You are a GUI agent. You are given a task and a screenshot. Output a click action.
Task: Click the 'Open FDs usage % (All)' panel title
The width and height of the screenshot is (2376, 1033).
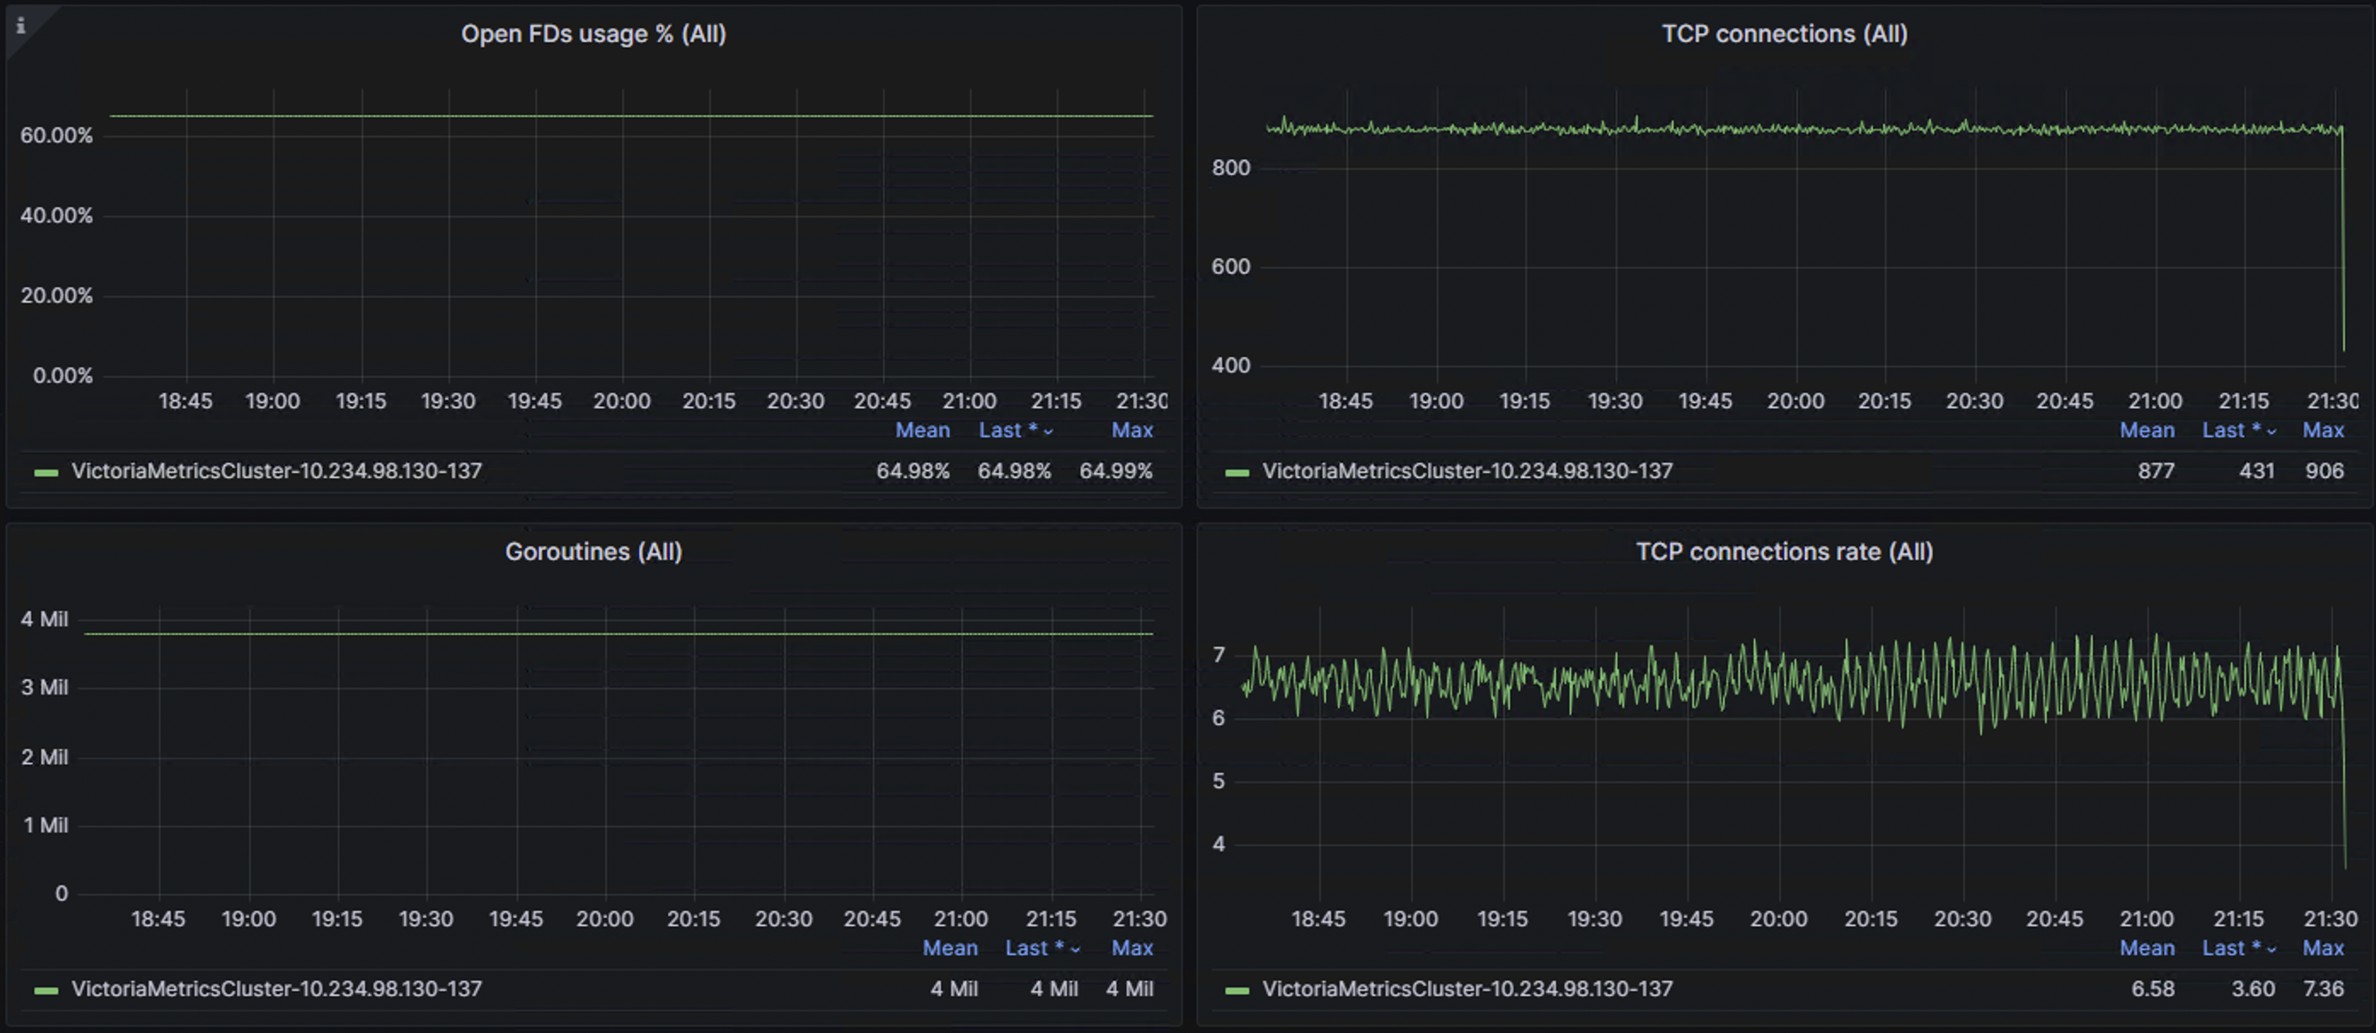(593, 34)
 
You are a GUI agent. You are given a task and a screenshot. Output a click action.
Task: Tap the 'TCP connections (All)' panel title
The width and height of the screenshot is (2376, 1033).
(1784, 34)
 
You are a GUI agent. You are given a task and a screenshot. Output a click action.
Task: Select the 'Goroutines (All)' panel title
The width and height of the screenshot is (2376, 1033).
(593, 551)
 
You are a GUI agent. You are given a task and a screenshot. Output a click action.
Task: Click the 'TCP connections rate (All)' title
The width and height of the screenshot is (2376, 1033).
(1784, 551)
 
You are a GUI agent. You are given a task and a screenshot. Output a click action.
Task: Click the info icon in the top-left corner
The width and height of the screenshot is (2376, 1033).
(20, 26)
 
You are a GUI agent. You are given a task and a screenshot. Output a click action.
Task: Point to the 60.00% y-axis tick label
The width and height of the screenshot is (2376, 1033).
(56, 136)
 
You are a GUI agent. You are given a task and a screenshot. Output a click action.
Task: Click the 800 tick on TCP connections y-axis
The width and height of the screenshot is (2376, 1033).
(1231, 168)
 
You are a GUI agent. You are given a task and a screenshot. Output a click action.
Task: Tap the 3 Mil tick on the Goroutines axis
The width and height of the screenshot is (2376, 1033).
(44, 687)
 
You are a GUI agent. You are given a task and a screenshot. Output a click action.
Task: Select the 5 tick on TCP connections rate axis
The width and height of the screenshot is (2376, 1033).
(1219, 782)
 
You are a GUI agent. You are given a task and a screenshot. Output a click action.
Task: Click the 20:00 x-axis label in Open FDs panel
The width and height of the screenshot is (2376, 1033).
(621, 401)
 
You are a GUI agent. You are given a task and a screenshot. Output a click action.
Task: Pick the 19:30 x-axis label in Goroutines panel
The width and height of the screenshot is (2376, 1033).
(425, 919)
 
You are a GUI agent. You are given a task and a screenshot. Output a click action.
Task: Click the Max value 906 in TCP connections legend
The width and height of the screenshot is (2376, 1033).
(2323, 471)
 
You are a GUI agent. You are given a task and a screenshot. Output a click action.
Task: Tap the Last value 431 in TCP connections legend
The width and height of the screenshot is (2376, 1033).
(2256, 471)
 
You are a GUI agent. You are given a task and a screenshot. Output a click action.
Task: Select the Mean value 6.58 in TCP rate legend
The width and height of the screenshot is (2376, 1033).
(2153, 989)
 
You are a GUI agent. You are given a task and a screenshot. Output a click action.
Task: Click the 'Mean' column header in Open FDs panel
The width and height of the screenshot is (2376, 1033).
(922, 430)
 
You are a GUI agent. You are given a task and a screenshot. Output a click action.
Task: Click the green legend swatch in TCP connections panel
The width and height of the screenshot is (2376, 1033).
(1237, 472)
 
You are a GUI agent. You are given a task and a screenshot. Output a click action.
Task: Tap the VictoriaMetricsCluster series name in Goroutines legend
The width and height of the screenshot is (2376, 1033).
(277, 989)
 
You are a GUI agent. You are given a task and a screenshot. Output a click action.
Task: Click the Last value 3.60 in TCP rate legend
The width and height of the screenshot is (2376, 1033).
(2252, 989)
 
